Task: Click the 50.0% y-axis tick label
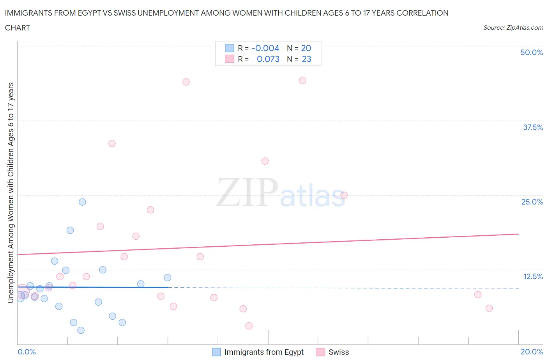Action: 532,52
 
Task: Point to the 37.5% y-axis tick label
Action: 533,127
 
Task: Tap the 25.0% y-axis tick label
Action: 532,202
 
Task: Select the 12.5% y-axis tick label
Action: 533,276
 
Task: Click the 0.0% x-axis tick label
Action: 27,352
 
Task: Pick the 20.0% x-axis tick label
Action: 532,352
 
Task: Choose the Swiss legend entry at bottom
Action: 338,352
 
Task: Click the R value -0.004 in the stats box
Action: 265,48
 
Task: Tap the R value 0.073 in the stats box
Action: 268,59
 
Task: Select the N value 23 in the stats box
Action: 306,59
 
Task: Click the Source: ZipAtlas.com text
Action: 513,27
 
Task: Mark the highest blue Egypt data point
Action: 82,202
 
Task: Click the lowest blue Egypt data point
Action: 81,330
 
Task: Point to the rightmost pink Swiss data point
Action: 489,308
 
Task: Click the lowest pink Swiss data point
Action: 249,326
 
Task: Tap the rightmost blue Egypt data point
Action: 168,278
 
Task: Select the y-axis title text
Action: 11,192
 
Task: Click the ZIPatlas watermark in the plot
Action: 281,192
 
